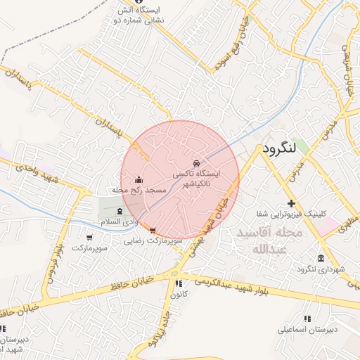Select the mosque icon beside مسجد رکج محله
tap(139, 179)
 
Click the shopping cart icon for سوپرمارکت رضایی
tap(153, 230)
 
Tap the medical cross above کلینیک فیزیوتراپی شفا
tap(290, 203)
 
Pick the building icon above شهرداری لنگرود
tap(321, 257)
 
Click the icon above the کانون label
tap(176, 284)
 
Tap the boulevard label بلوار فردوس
tap(54, 264)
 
